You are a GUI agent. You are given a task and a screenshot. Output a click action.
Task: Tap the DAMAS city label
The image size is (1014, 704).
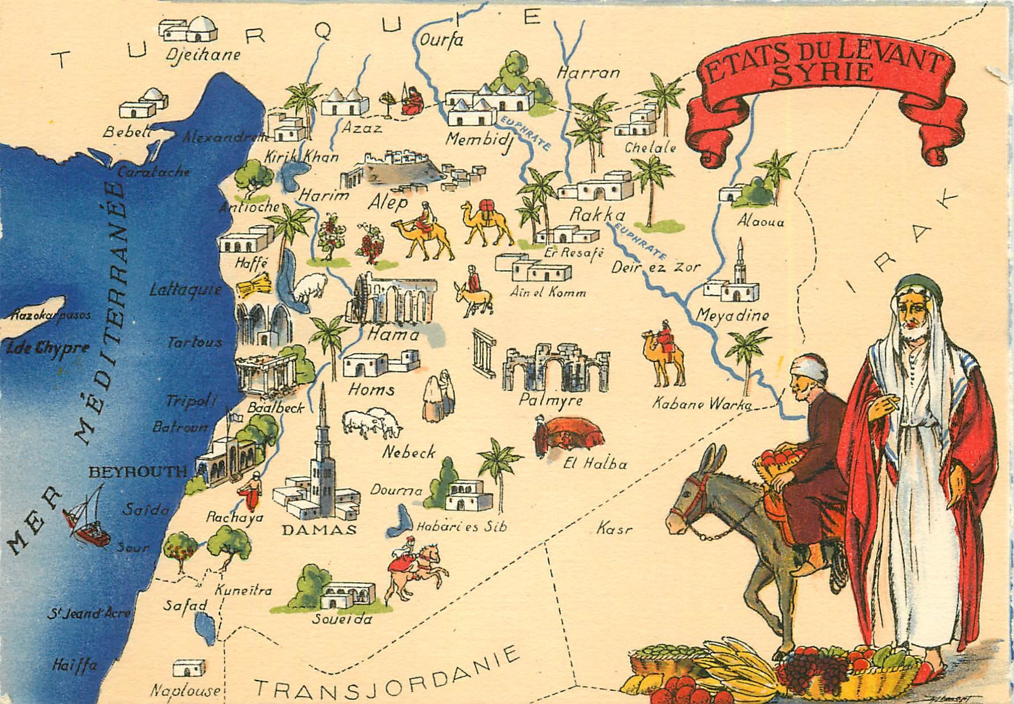pyautogui.click(x=319, y=530)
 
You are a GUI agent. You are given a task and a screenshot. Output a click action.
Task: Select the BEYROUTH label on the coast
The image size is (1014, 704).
pyautogui.click(x=138, y=471)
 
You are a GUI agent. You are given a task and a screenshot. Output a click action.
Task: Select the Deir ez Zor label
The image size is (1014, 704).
pyautogui.click(x=655, y=266)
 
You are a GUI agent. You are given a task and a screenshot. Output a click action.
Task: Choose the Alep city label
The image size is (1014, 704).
pyautogui.click(x=388, y=202)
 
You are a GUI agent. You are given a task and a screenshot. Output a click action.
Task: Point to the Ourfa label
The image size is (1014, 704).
pyautogui.click(x=441, y=40)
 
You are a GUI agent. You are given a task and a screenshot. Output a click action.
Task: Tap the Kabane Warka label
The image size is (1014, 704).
pyautogui.click(x=702, y=404)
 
